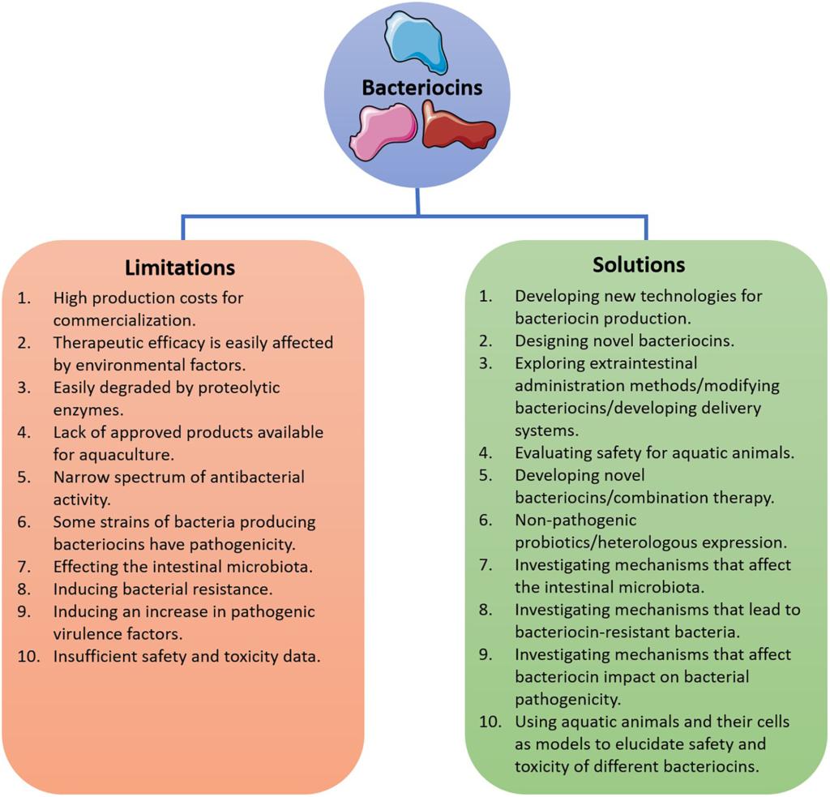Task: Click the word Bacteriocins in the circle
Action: coord(421,88)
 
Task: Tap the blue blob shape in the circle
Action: coord(416,42)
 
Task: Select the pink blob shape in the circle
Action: coord(383,131)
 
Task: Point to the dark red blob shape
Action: coord(457,126)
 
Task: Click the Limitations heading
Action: coord(180,268)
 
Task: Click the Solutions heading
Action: coord(639,265)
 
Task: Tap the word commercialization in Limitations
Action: coord(124,320)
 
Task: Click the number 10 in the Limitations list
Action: coord(28,657)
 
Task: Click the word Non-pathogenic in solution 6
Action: coord(575,521)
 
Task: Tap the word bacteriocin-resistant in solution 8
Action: coord(594,632)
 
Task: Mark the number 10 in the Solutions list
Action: coord(490,722)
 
